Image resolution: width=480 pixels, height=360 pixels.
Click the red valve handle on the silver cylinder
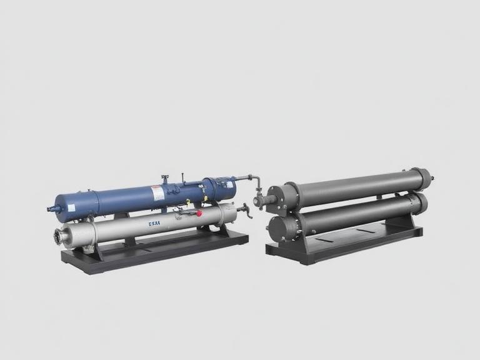tap(199, 213)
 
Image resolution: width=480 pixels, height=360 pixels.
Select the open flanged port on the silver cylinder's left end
tap(60, 237)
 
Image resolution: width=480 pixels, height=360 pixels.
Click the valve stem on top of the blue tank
tap(165, 179)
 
